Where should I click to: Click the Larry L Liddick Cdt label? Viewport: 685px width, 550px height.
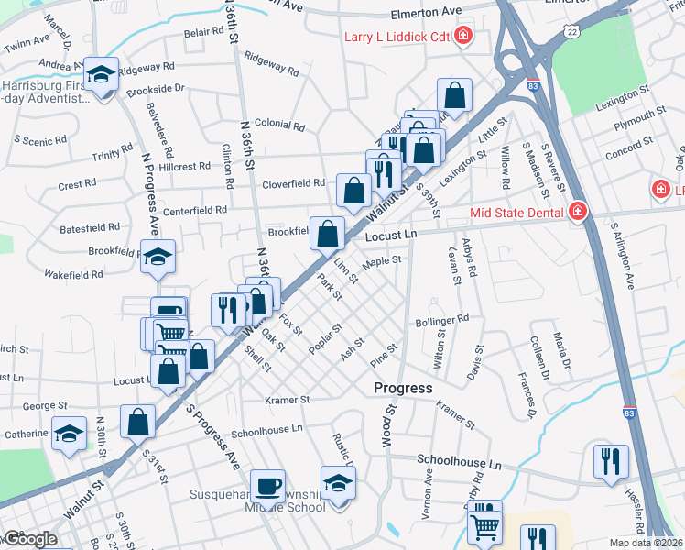[398, 37]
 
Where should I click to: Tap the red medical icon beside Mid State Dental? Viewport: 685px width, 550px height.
[577, 213]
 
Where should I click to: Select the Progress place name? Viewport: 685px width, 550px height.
[403, 388]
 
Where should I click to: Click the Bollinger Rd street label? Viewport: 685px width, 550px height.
[441, 319]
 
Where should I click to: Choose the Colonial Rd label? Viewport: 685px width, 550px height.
[278, 124]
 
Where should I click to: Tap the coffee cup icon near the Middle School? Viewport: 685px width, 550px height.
[267, 485]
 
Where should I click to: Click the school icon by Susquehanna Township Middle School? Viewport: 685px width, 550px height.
[338, 482]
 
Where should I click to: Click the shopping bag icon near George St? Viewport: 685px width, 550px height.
[137, 423]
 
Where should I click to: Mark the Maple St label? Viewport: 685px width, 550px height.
[382, 261]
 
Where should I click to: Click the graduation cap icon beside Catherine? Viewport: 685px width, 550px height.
[69, 434]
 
